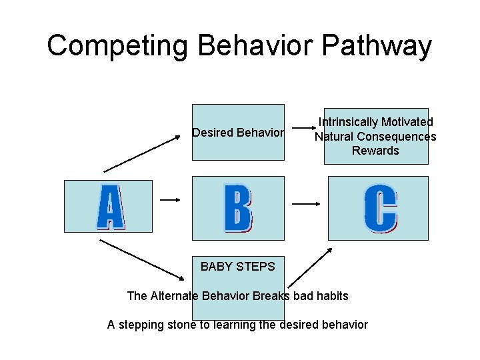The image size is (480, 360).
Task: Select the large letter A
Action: tap(110, 207)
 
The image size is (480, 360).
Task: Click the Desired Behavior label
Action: tap(238, 133)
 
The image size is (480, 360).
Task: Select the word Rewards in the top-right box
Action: tap(375, 151)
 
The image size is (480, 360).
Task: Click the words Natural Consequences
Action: tap(375, 137)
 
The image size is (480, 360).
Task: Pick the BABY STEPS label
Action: tap(237, 267)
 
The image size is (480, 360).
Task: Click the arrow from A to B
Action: tap(171, 199)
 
